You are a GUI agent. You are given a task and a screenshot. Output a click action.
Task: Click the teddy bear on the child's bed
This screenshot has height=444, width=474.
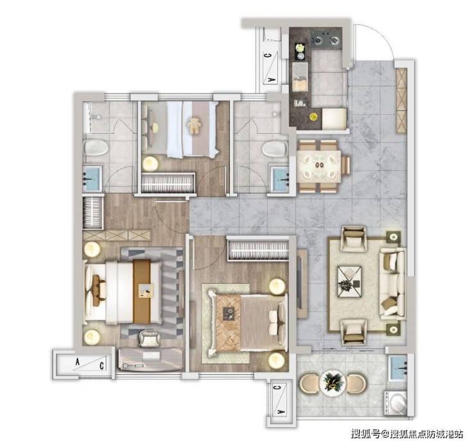194,126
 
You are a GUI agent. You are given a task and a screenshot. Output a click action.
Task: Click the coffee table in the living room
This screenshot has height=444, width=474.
350,281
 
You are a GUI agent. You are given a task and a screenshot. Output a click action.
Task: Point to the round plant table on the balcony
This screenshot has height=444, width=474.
332,383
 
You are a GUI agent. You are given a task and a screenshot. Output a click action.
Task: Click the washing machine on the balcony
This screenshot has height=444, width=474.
395,403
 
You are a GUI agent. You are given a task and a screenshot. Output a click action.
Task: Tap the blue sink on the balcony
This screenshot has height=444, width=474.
398,368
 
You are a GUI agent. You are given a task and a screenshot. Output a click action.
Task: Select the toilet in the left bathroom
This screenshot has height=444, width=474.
95,147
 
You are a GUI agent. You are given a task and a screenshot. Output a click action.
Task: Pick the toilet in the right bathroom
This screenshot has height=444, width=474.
275,149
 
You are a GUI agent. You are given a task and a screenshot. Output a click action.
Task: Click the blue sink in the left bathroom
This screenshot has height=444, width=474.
92,179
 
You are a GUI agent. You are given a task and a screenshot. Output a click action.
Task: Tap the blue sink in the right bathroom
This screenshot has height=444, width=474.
280,179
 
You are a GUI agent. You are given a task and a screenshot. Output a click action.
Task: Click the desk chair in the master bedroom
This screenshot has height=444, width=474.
149,338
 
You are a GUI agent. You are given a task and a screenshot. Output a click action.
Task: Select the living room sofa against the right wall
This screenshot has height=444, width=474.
393,284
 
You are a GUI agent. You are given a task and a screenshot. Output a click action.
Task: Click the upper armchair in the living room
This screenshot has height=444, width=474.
354,238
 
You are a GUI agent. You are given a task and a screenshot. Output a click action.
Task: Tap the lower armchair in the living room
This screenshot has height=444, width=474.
354,333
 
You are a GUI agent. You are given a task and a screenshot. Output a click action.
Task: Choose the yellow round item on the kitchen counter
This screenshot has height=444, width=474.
313,116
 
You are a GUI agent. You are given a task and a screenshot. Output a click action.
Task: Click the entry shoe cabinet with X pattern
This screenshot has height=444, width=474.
402,101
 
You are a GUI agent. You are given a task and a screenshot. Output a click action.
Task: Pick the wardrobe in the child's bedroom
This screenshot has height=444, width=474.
168,183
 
